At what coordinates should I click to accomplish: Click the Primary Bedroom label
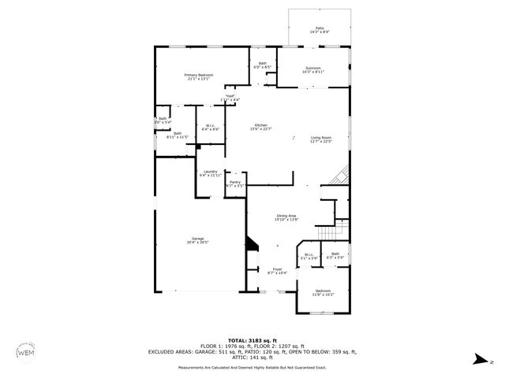tap(198, 76)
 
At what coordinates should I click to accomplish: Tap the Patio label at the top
tap(320, 29)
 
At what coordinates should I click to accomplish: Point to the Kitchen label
tap(260, 127)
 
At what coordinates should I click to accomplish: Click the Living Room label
tap(320, 139)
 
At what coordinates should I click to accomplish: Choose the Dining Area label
tap(286, 218)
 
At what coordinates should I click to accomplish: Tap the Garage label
tap(197, 240)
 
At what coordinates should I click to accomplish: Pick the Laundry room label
tap(210, 173)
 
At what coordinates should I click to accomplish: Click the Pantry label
tap(235, 183)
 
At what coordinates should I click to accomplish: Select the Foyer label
tap(278, 271)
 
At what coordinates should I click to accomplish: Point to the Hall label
tap(230, 98)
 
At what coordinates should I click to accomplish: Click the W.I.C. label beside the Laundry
tap(211, 127)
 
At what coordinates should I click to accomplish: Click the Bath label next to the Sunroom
tap(262, 65)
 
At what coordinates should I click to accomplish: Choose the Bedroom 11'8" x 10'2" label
tap(324, 293)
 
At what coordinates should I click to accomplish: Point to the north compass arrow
tap(478, 361)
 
